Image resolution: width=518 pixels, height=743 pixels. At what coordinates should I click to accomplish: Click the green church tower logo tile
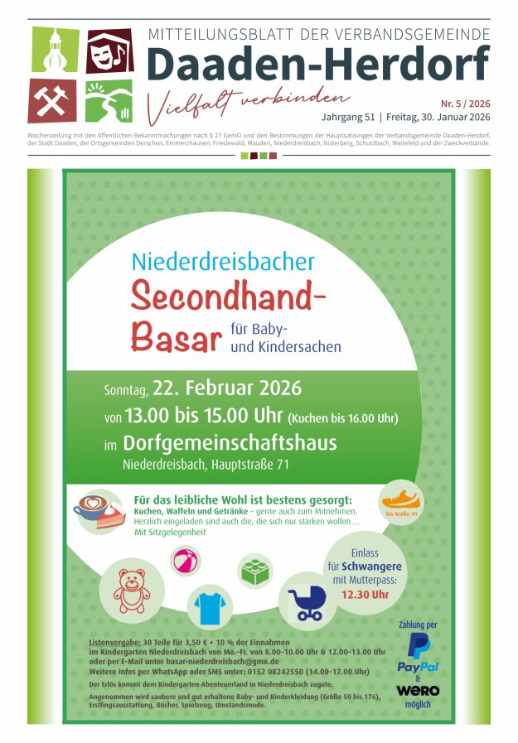pyautogui.click(x=54, y=50)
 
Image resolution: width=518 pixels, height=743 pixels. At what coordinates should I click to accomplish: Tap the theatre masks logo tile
pyautogui.click(x=109, y=50)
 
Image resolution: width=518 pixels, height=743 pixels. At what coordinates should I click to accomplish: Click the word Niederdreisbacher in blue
pyautogui.click(x=223, y=262)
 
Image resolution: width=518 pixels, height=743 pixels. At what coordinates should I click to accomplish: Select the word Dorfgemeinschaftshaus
pyautogui.click(x=230, y=442)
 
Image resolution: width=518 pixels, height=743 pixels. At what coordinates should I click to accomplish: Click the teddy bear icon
pyautogui.click(x=132, y=588)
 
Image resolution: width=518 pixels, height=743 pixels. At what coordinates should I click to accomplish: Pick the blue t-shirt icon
pyautogui.click(x=210, y=608)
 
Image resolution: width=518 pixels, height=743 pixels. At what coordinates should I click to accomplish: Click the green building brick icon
pyautogui.click(x=255, y=570)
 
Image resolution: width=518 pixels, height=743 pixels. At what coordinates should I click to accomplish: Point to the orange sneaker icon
pyautogui.click(x=401, y=499)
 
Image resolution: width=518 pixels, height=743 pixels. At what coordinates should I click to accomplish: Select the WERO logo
pyautogui.click(x=419, y=690)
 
